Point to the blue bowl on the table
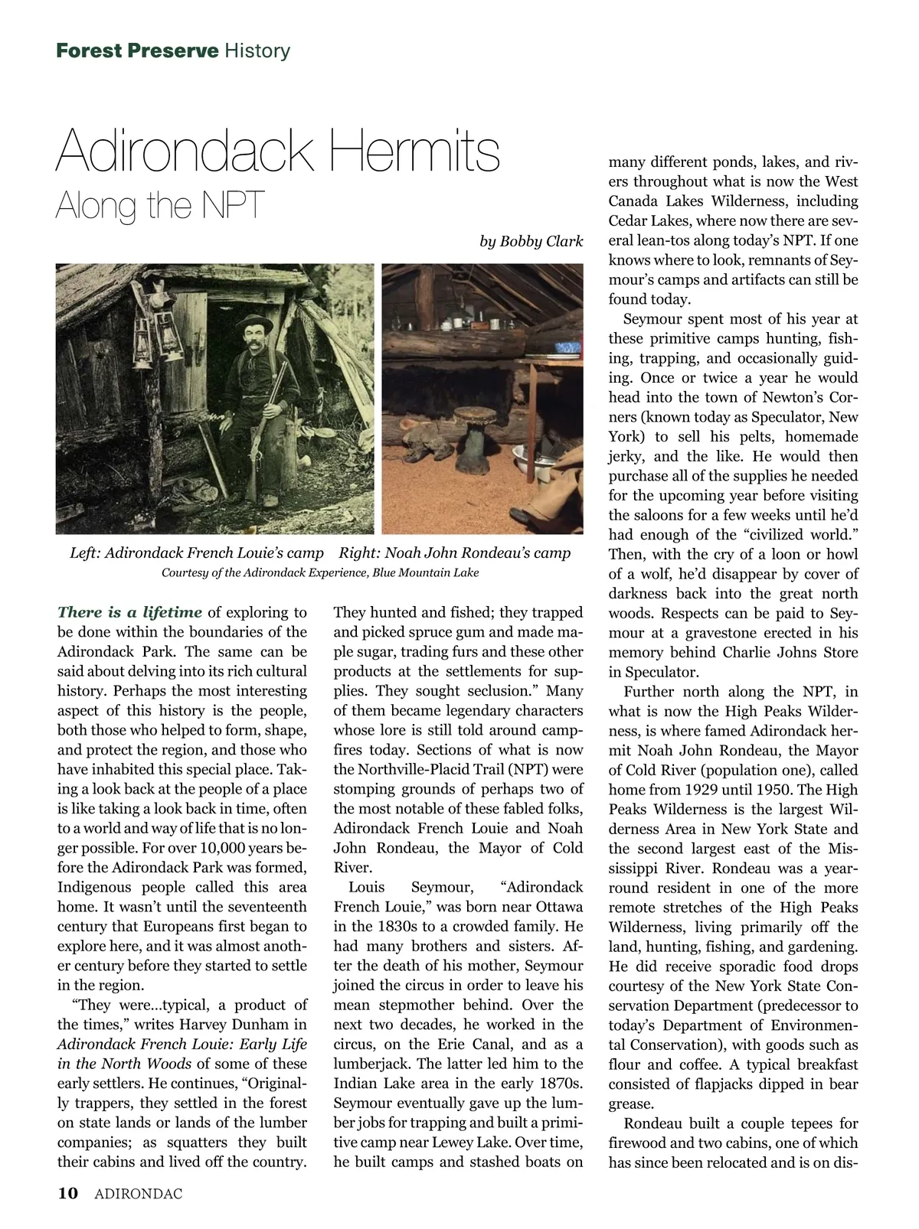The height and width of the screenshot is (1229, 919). tap(568, 347)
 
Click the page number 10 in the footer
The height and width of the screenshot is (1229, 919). tap(67, 1193)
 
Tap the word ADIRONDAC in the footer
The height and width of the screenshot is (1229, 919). tap(139, 1194)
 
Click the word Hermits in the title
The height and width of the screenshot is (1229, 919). tap(414, 152)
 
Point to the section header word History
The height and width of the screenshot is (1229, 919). tap(257, 51)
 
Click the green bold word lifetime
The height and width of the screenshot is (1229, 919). tap(172, 612)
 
